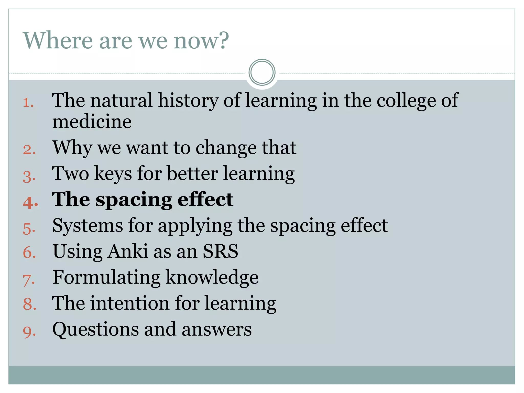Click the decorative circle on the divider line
262,72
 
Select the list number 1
28,103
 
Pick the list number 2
29,150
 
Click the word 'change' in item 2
226,148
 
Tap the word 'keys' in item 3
113,174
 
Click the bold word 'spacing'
134,200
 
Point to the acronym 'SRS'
220,251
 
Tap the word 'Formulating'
106,278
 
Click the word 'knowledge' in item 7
212,278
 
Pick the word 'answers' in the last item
217,330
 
